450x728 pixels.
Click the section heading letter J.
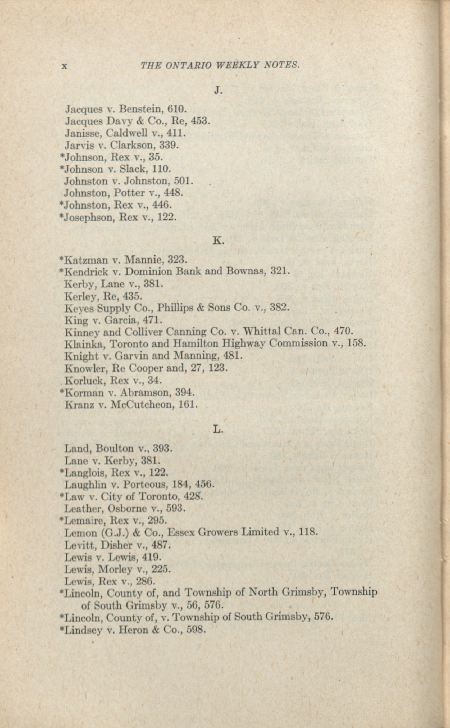[218, 91]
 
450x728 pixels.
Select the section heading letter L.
[218, 429]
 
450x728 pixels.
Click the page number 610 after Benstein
[176, 109]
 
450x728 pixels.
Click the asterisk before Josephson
[62, 216]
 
